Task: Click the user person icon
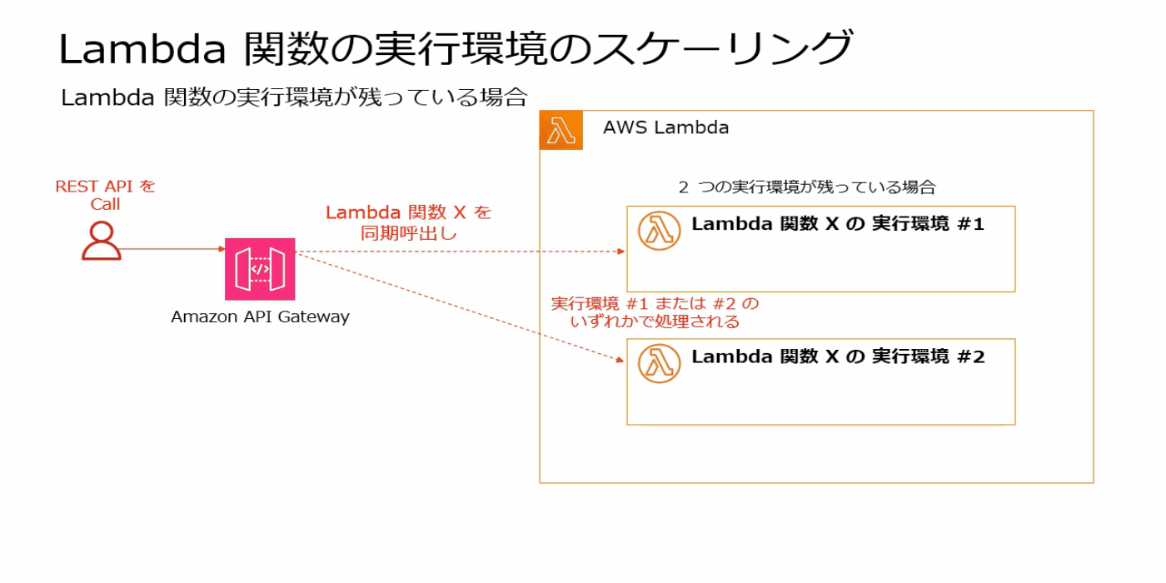[x=102, y=242]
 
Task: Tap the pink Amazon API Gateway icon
[x=260, y=268]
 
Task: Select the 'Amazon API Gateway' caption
[x=260, y=316]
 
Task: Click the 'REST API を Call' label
[x=106, y=195]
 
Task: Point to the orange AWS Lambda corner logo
[x=561, y=131]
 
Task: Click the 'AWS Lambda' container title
[x=665, y=127]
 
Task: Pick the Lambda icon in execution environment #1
[x=659, y=230]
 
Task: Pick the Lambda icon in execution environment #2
[x=659, y=362]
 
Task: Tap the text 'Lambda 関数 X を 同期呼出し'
[x=408, y=222]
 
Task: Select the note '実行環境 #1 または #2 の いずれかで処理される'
[x=655, y=311]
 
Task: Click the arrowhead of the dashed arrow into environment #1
[x=621, y=252]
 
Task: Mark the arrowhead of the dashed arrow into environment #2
[x=620, y=360]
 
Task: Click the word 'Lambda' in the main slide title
[x=142, y=49]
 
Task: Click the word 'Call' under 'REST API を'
[x=106, y=204]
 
